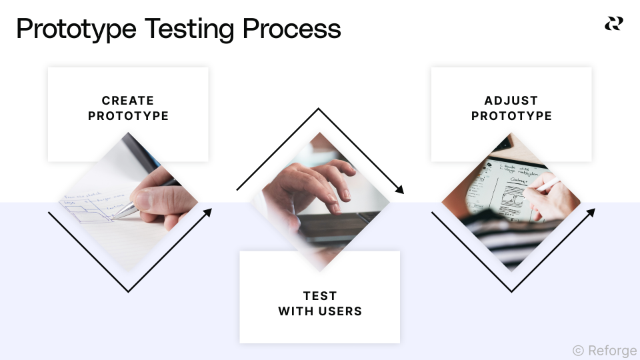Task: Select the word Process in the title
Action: coord(291,29)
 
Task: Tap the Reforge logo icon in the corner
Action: coord(613,24)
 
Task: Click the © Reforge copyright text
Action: coord(604,350)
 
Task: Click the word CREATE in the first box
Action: coord(128,101)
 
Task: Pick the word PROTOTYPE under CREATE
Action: coord(128,116)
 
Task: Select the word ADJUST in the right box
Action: coord(511,101)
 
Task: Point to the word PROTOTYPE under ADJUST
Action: coord(511,116)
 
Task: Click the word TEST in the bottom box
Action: coord(320,296)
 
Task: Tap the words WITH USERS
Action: coord(320,311)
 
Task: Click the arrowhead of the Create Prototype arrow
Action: coord(208,212)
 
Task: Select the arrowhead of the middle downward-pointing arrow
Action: coord(400,190)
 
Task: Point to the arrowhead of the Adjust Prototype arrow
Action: coord(591,212)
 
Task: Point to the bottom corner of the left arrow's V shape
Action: coord(128,291)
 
